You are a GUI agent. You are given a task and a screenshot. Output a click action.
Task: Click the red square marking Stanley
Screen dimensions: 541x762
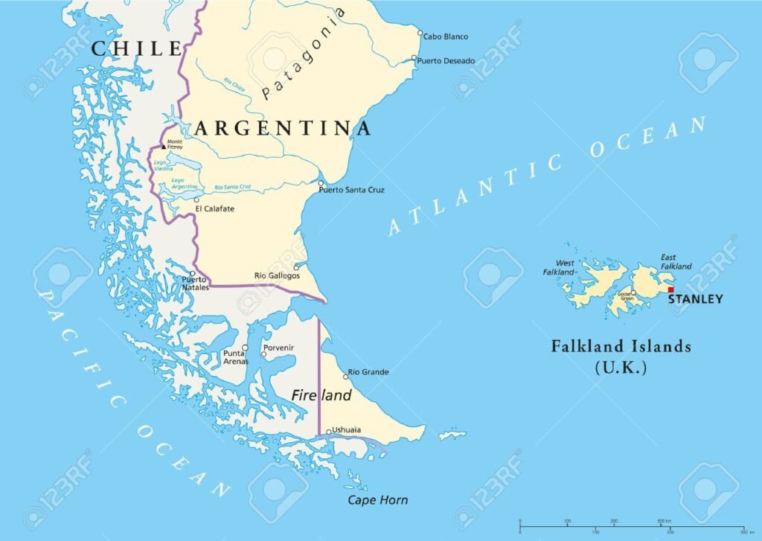pos(670,289)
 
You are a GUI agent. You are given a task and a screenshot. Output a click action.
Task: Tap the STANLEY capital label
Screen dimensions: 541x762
pos(695,300)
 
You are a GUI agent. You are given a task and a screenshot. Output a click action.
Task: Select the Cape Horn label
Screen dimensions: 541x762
pos(378,500)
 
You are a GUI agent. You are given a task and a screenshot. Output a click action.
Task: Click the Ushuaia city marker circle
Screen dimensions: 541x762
pos(328,431)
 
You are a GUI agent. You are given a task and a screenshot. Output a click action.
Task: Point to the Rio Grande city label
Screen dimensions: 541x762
pos(368,372)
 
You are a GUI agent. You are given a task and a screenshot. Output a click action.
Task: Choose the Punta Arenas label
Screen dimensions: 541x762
pos(234,357)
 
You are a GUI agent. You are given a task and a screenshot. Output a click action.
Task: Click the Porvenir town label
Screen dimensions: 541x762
pos(278,348)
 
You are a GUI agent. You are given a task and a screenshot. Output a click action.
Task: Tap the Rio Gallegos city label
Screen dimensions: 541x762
pos(277,275)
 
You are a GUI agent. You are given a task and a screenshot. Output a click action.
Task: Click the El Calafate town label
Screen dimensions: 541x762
pos(214,209)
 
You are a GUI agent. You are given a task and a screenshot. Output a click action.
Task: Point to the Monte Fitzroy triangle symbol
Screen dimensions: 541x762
pos(164,147)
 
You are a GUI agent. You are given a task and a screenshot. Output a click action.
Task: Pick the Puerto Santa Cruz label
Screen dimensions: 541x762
pos(352,191)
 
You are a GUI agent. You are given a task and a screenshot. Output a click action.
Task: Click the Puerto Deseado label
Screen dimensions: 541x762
pos(446,60)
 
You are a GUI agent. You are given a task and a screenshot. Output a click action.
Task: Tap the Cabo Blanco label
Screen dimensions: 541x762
pos(446,36)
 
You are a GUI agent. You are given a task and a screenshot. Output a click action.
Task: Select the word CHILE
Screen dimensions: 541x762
pos(136,49)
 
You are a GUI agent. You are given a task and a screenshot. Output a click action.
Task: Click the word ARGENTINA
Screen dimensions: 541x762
pos(283,129)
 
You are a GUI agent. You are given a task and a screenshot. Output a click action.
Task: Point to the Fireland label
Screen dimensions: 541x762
pos(321,396)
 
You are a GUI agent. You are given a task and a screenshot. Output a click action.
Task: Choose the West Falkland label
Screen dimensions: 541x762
pos(565,268)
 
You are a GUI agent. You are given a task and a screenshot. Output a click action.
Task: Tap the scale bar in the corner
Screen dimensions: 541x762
pos(632,527)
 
